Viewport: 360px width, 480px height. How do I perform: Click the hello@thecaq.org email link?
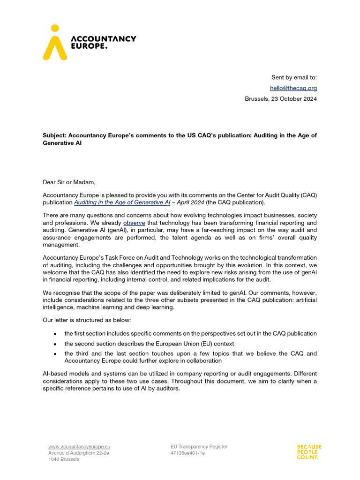(293, 88)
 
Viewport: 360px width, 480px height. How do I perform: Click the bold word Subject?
(55, 135)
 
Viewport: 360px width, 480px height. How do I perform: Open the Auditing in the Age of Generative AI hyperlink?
(122, 202)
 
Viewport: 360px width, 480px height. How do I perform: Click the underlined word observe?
(134, 223)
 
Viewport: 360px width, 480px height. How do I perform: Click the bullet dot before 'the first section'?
(55, 334)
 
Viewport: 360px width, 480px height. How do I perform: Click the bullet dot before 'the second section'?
(55, 344)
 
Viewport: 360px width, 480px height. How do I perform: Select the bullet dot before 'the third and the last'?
(55, 354)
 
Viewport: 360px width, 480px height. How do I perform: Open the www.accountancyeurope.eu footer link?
(79, 447)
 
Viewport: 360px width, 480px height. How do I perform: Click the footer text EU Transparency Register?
(199, 447)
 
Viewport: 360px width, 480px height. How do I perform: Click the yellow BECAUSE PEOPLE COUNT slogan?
(309, 452)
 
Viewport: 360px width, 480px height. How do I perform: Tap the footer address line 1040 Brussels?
(64, 459)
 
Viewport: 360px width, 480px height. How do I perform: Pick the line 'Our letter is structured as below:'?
(88, 320)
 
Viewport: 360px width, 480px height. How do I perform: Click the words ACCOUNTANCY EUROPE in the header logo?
(103, 42)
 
